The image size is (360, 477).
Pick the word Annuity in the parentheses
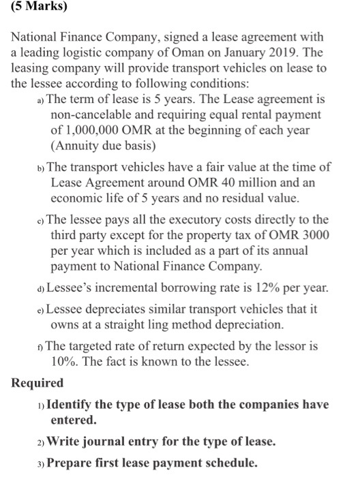(x=80, y=144)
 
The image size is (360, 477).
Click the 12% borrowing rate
(x=256, y=286)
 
